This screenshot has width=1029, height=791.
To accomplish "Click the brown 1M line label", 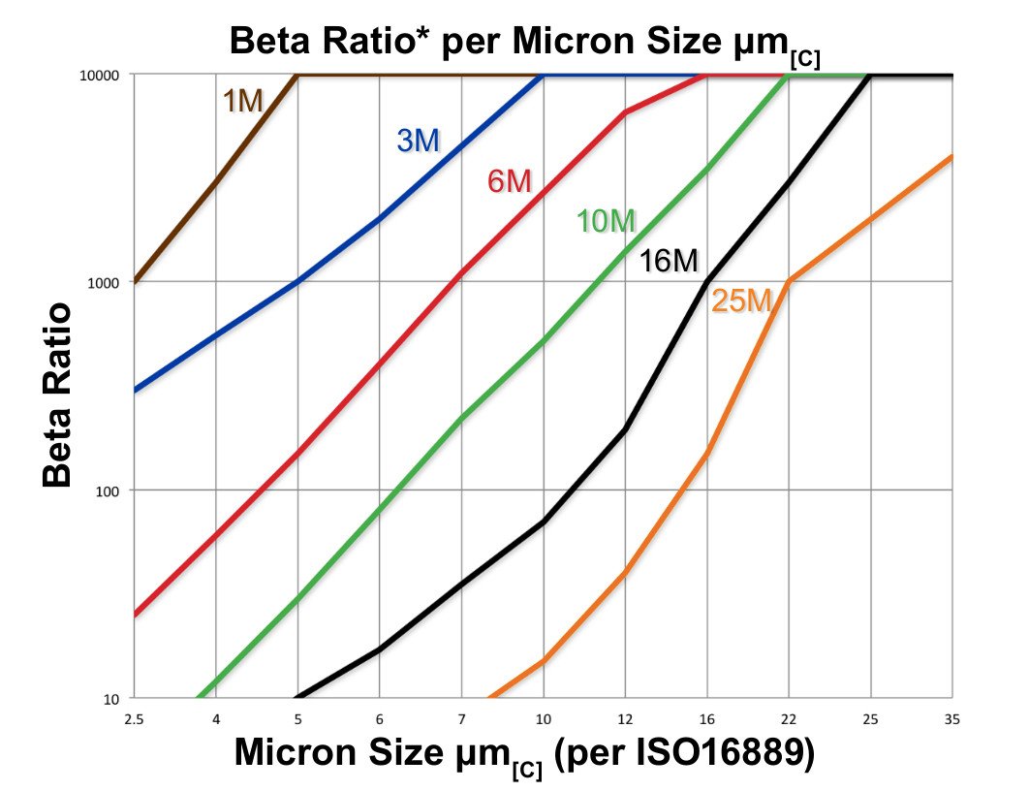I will tap(244, 100).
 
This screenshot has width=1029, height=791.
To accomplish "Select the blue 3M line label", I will tap(419, 141).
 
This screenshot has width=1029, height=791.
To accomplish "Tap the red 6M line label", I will tap(510, 180).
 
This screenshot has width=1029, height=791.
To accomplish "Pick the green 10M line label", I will tap(606, 222).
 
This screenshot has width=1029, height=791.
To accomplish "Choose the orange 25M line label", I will tap(741, 301).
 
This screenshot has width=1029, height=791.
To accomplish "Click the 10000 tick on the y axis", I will tap(99, 75).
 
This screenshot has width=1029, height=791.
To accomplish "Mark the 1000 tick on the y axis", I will tap(102, 282).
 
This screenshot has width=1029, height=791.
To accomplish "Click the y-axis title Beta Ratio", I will tap(58, 395).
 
